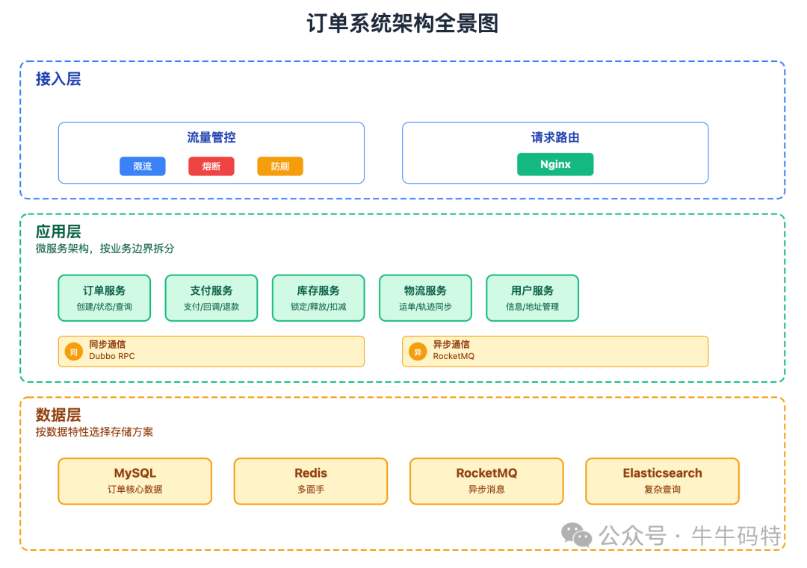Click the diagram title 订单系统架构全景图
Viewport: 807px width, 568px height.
pos(403,24)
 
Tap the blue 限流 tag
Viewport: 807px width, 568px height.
pos(143,166)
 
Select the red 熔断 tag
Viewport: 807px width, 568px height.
pos(211,166)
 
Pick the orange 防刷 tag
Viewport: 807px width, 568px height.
pos(280,166)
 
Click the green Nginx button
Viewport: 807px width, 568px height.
pos(555,164)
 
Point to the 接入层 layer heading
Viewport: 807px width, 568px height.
pos(58,79)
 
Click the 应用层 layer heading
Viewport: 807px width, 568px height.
pos(58,231)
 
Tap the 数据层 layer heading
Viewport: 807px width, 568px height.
pos(58,415)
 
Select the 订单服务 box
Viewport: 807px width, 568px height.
pos(105,298)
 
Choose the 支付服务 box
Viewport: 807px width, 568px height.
pos(211,298)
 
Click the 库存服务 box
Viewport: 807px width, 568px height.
pos(318,298)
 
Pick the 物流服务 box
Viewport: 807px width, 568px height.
pos(425,298)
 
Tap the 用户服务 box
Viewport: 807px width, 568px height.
pos(532,298)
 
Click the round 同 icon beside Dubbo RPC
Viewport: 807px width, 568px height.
pos(73,352)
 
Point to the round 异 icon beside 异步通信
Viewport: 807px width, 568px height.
pos(418,352)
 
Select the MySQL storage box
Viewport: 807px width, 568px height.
pos(135,481)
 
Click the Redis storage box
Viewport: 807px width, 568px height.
pos(311,481)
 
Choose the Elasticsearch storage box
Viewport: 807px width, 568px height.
pos(662,481)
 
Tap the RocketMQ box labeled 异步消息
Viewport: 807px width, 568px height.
pos(486,481)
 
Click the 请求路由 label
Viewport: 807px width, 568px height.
pos(555,137)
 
